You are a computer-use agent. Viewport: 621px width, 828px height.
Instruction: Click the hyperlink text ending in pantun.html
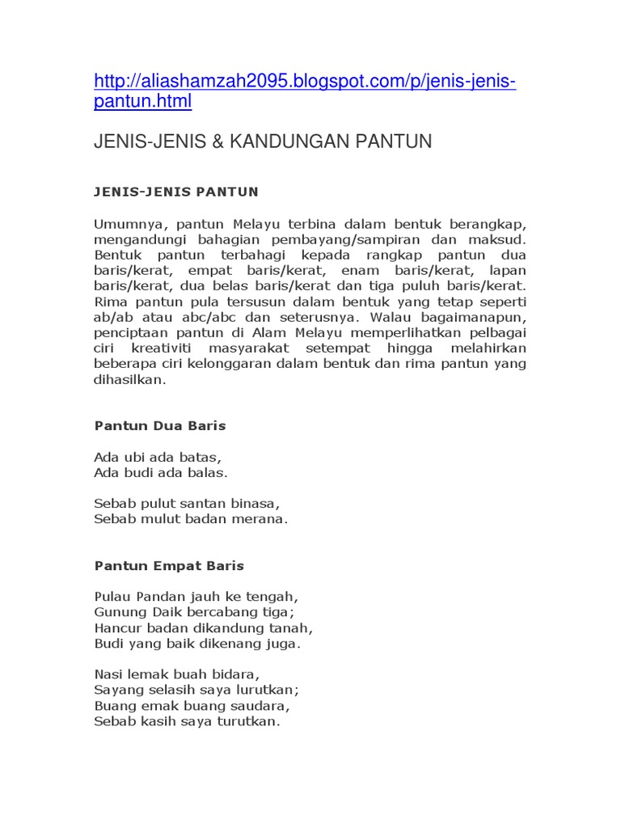point(143,102)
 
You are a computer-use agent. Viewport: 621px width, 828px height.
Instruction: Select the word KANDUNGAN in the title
point(277,142)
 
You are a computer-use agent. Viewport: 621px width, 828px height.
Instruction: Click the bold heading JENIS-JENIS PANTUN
point(176,192)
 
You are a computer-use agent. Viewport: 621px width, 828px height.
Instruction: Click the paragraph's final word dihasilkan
point(129,379)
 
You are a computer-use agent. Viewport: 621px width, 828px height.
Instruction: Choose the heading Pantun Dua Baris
point(160,425)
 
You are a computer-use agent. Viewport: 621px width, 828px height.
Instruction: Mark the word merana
point(262,519)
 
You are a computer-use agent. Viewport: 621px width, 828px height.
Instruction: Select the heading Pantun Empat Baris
point(169,565)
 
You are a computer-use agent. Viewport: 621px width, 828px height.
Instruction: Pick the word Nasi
point(108,674)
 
